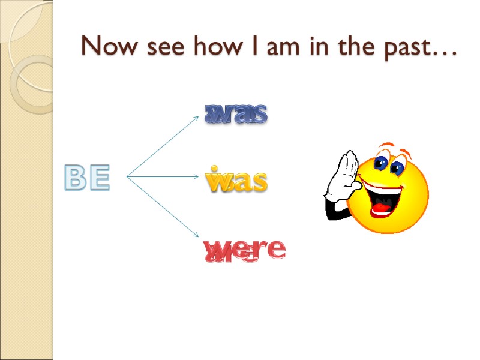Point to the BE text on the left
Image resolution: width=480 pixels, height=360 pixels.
[x=88, y=178]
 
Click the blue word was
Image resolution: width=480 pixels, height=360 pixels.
[x=236, y=114]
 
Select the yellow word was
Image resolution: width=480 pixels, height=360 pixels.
[x=236, y=182]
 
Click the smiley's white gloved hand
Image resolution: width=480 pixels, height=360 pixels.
[x=341, y=177]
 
